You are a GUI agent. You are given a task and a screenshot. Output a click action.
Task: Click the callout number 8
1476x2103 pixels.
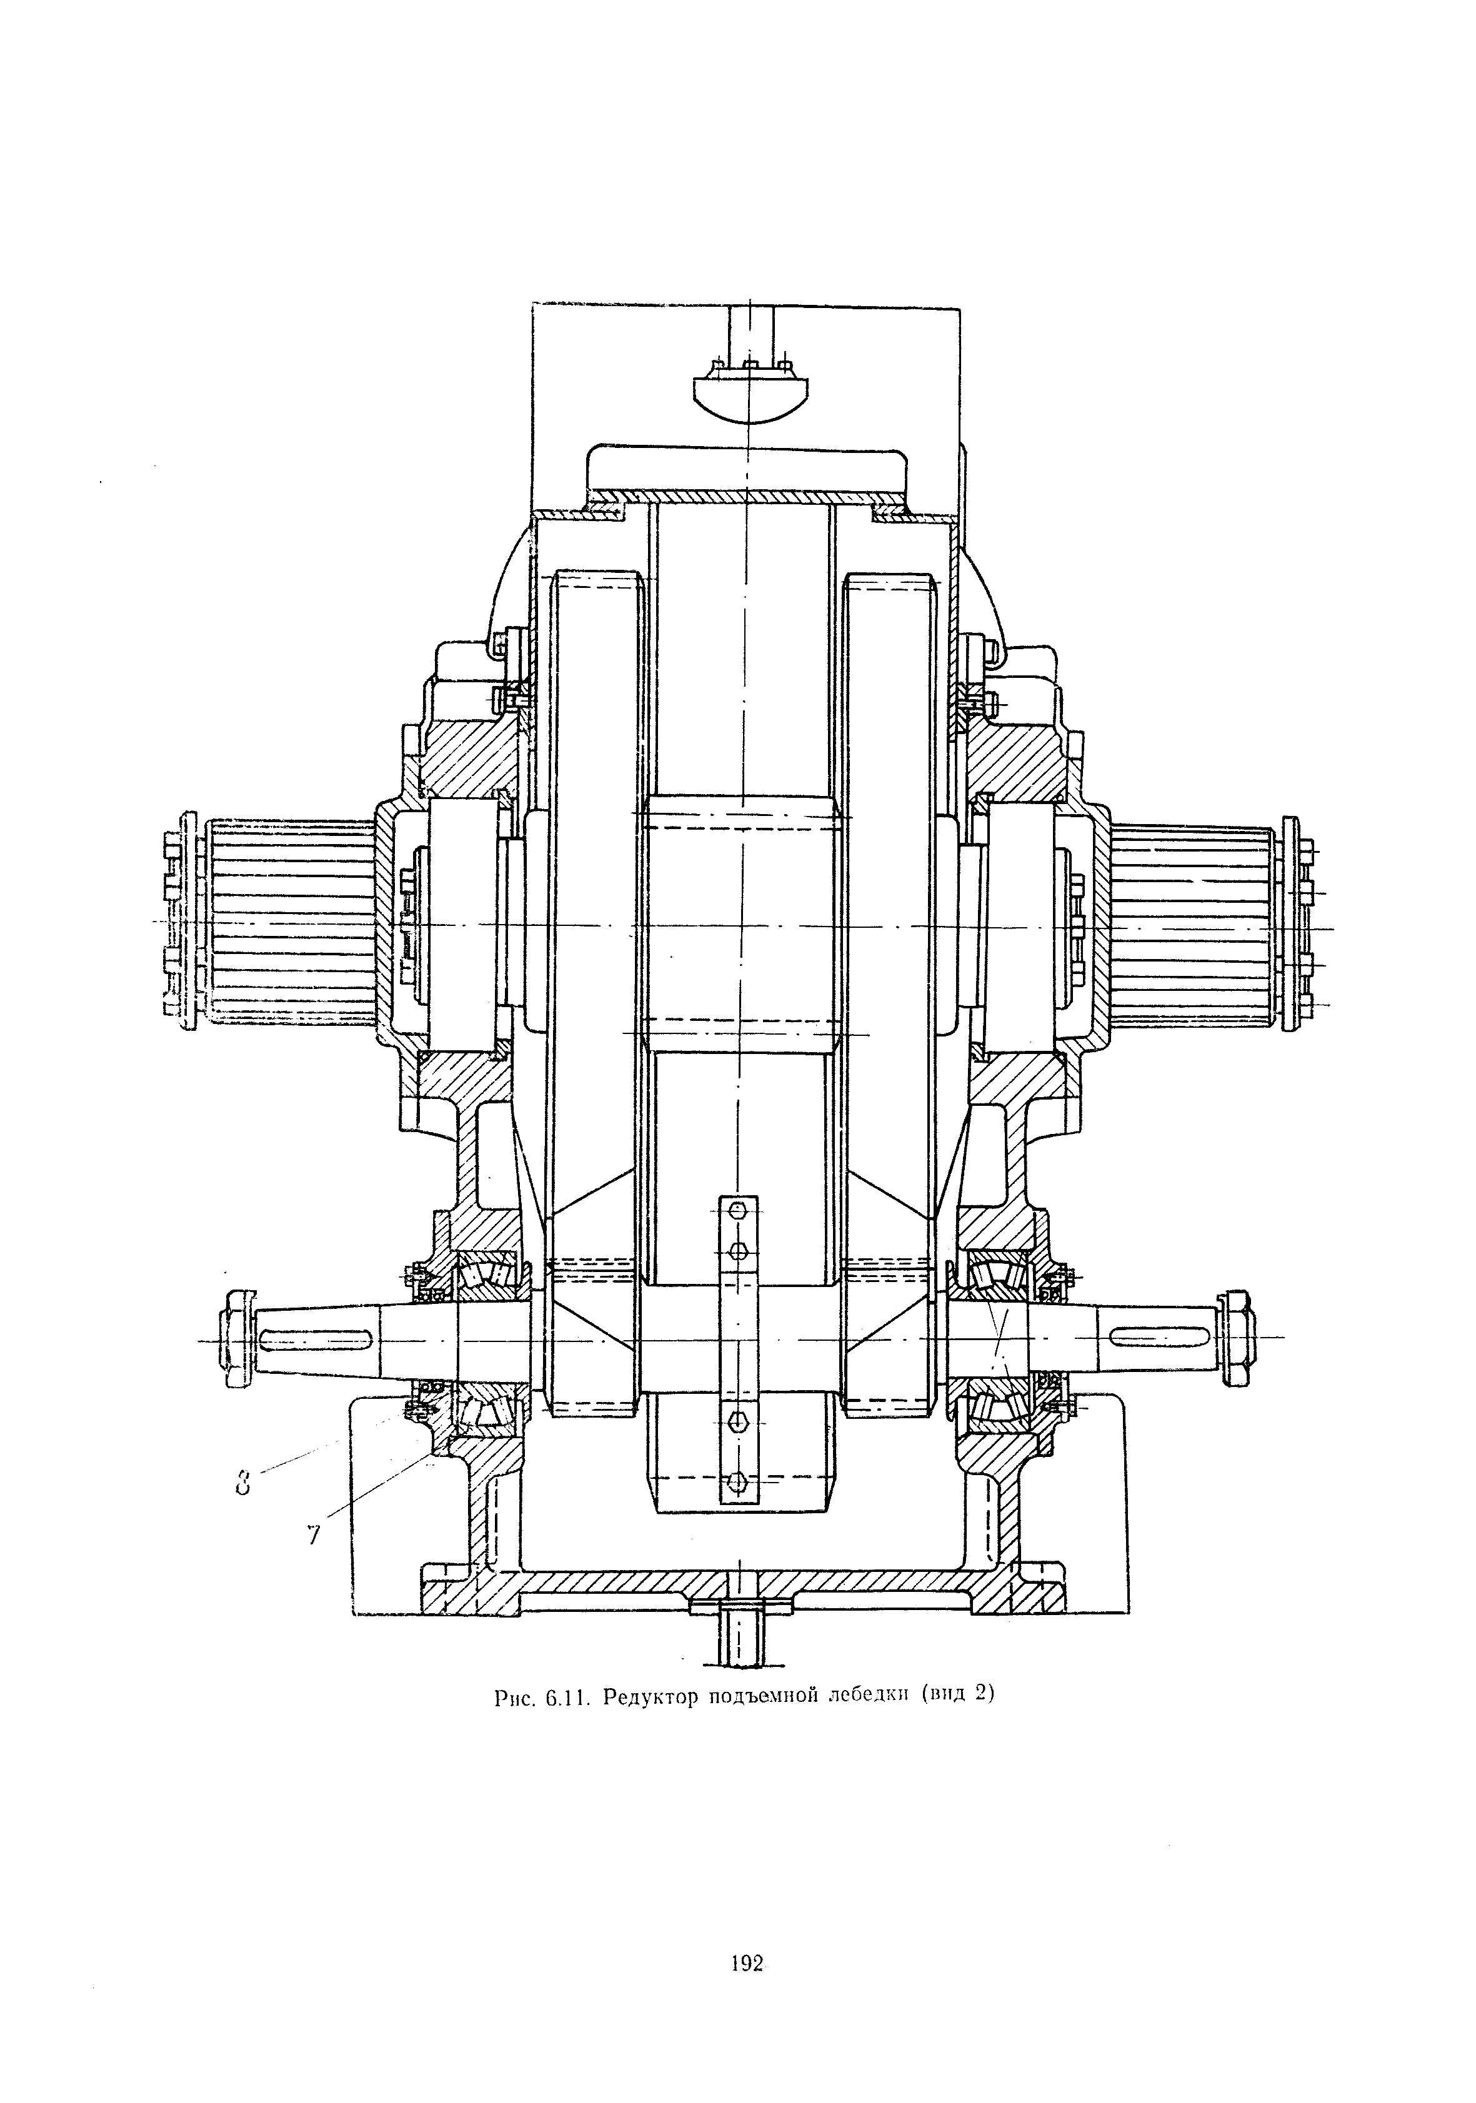(x=242, y=1481)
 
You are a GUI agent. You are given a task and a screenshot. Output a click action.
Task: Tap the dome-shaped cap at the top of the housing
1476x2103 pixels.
(x=749, y=392)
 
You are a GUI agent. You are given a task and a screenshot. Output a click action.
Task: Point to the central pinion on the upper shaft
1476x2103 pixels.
(x=742, y=922)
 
